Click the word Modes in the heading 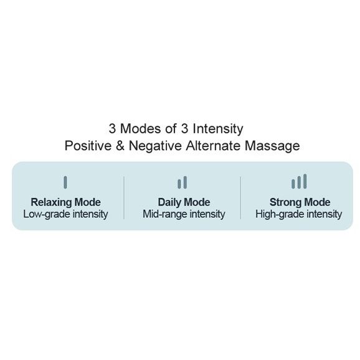coord(141,128)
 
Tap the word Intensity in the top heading coord(218,129)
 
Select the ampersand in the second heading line coord(120,146)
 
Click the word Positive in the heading coord(88,146)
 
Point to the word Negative coord(155,146)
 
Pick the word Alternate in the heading coord(213,146)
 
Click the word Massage coord(272,146)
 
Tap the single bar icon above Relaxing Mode coord(65,182)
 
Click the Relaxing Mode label coord(65,202)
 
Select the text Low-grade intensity coord(65,214)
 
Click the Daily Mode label coord(184,202)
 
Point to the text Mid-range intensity coord(184,214)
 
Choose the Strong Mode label coord(300,202)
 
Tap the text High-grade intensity coord(299,214)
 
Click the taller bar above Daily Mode coord(185,182)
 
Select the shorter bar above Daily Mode coord(179,184)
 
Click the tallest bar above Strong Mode coord(305,181)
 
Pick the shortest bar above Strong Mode coord(293,184)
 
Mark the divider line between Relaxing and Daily coord(124,197)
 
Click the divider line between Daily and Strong coord(240,197)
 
